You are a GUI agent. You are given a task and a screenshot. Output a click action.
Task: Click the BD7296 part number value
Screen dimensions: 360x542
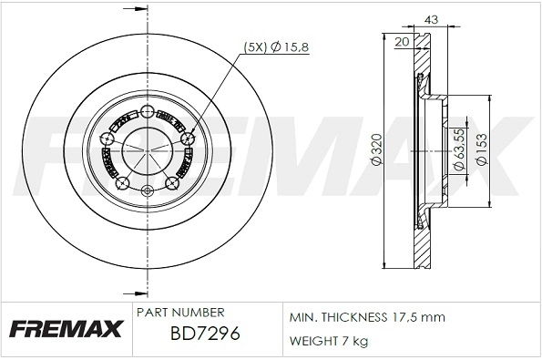click(204, 334)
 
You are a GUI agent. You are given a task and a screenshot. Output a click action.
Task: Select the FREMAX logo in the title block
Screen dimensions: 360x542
click(66, 327)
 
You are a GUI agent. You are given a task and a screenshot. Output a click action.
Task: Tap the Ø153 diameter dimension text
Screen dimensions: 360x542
click(484, 149)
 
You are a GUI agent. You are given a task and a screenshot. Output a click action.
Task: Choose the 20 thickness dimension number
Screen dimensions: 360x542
click(402, 41)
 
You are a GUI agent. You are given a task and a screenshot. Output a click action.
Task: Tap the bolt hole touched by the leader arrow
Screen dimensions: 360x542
click(189, 139)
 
